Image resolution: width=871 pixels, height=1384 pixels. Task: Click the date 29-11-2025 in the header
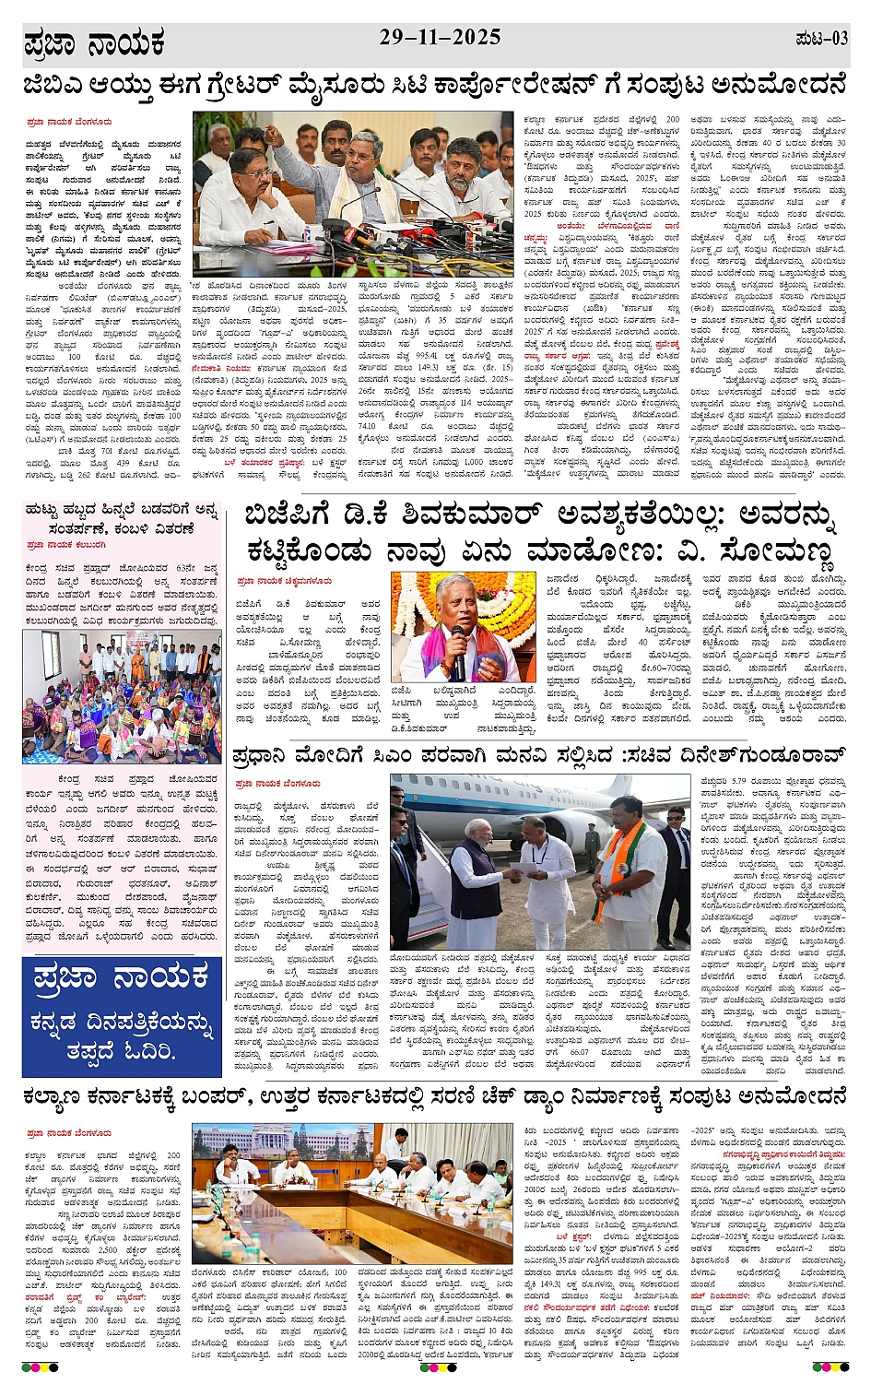[x=440, y=38]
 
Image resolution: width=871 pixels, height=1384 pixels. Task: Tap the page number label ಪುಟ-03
[x=820, y=39]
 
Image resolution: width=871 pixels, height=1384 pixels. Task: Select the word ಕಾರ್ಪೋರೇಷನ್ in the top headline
[x=509, y=86]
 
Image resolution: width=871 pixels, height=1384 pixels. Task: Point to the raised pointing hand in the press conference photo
[x=272, y=134]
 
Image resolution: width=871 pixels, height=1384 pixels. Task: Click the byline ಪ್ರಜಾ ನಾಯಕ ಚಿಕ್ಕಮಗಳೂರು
[x=284, y=582]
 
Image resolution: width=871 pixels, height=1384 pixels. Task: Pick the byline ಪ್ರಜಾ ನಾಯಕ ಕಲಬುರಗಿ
[x=65, y=545]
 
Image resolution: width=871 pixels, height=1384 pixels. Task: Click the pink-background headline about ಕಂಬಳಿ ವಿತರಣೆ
[x=122, y=519]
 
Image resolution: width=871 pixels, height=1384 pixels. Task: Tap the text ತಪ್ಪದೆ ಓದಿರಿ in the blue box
[x=121, y=1050]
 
